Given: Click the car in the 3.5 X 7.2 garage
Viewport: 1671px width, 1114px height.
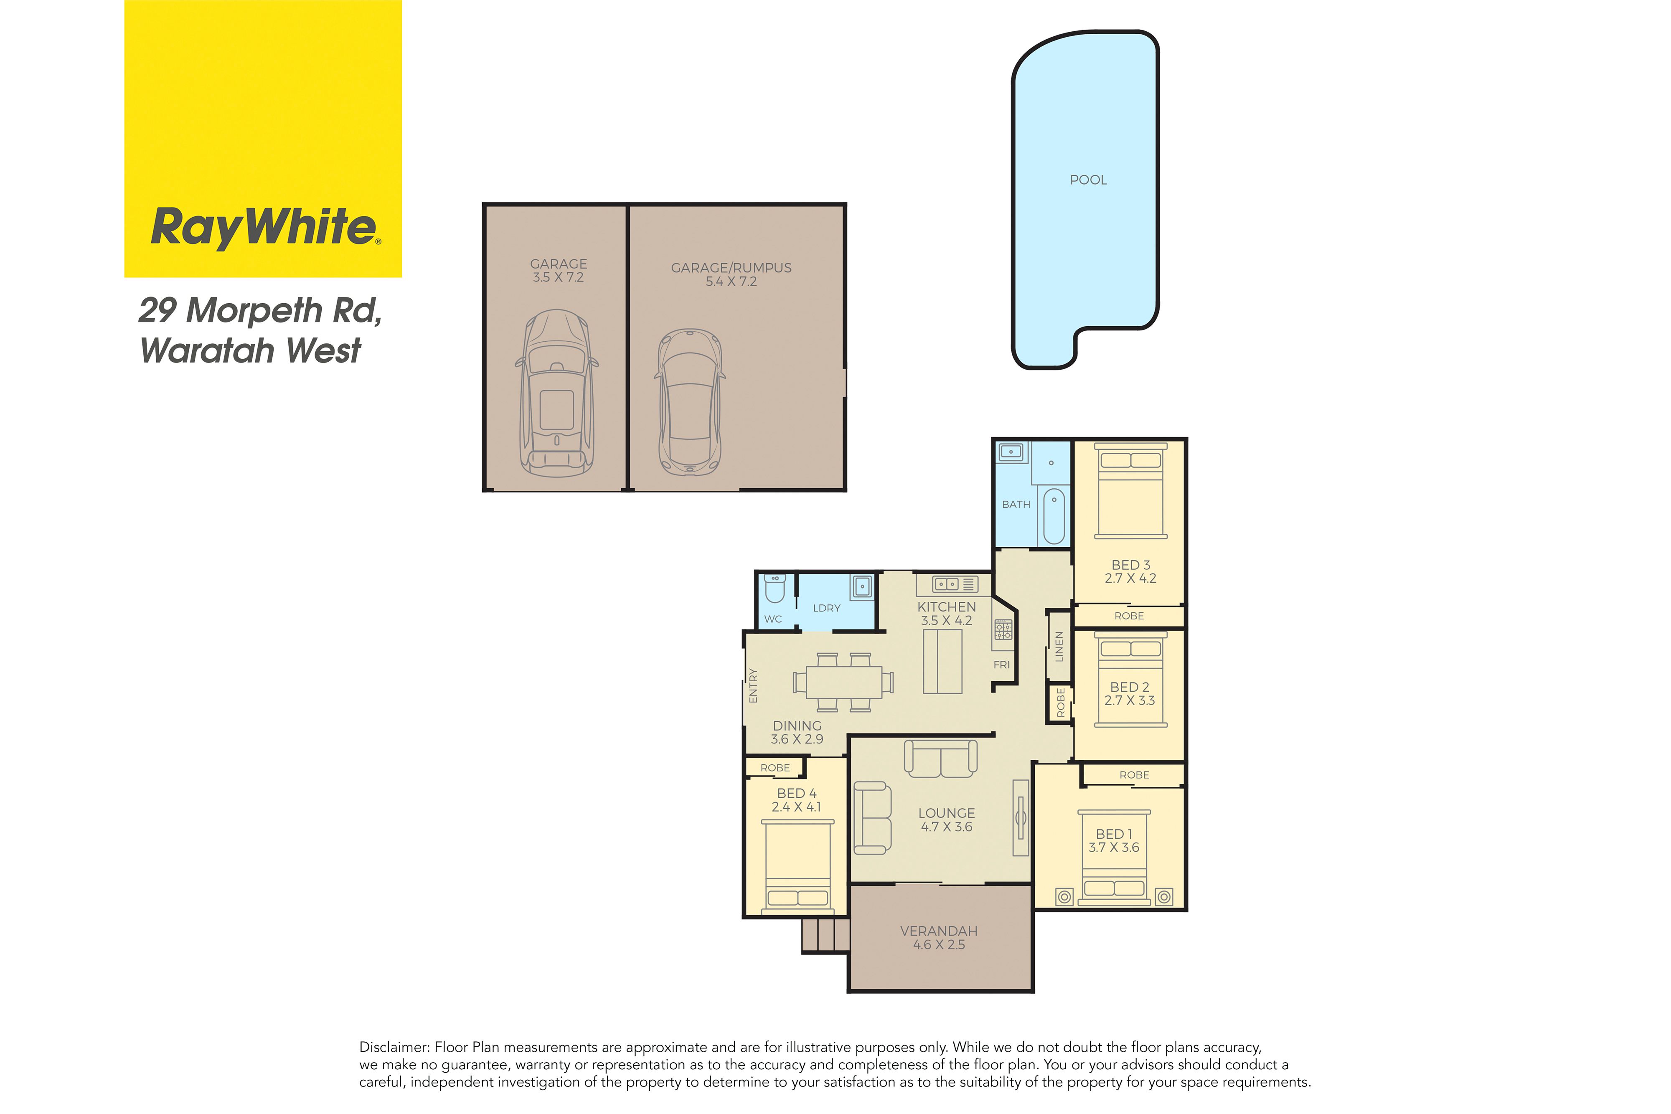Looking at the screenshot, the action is (557, 393).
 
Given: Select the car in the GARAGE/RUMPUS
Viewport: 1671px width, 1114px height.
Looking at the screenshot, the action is (689, 402).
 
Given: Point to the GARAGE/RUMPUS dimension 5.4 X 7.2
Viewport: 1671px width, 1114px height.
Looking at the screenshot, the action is (731, 282).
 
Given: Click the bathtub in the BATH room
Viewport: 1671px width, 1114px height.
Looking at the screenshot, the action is (1054, 516).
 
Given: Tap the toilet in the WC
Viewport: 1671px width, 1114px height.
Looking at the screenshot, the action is (775, 588).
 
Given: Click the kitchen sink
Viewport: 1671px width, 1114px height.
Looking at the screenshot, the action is (947, 584).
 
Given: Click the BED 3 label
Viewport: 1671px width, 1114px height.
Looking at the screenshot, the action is (1130, 565).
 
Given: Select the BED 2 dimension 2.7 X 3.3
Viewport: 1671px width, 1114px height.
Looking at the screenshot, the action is (1130, 700).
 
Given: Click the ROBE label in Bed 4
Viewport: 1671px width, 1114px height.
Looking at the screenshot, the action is (775, 768).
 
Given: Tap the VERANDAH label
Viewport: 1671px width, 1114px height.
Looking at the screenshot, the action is (939, 931).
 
